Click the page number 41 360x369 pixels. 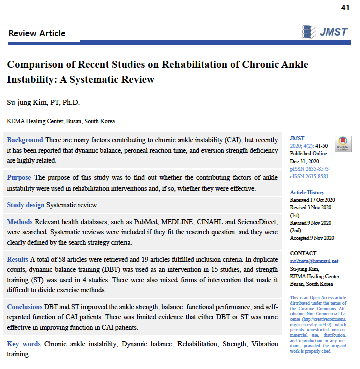pos(345,7)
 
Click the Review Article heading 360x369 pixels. pos(37,33)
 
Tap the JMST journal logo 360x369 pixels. pos(326,32)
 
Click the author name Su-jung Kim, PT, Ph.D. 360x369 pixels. pos(43,103)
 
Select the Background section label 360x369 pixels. pos(25,140)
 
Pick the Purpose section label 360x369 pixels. pos(19,178)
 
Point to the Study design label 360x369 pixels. pos(26,205)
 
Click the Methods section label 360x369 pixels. pos(20,222)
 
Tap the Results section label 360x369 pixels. pos(18,259)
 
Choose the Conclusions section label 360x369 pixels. pos(25,307)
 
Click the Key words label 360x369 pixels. pos(23,344)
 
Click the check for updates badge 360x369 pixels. pos(343,144)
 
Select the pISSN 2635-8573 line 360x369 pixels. pos(309,169)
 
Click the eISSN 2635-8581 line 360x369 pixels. pos(309,176)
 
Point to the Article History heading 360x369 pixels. pos(307,192)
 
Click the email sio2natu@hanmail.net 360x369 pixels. pos(314,261)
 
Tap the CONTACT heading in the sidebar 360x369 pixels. pos(303,253)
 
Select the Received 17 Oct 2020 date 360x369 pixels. pos(312,200)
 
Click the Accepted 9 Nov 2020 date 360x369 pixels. pos(312,238)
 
